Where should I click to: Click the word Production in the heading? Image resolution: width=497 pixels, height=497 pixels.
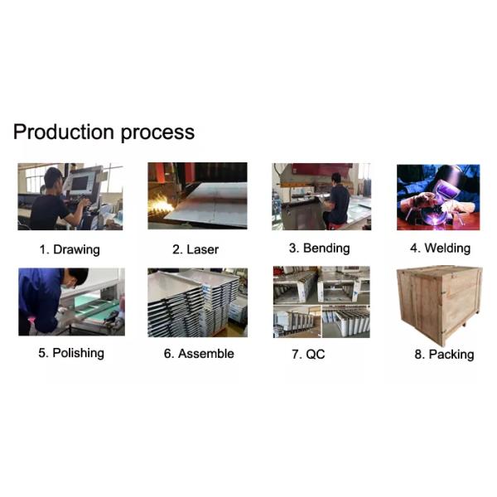point(64,132)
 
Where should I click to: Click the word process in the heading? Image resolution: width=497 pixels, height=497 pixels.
point(157,133)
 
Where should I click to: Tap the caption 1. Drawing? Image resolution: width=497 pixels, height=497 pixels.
point(70,250)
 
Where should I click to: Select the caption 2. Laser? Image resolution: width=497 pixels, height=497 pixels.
point(195,249)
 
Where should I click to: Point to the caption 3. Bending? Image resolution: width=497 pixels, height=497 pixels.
point(320,248)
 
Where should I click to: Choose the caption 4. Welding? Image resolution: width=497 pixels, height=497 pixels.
point(441,248)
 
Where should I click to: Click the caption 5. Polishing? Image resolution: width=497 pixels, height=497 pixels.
point(71,353)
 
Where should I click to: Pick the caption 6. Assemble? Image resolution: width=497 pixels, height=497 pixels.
point(199,354)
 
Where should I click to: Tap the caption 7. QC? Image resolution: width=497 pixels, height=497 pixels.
point(308,354)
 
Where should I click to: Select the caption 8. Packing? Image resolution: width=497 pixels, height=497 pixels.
point(444,355)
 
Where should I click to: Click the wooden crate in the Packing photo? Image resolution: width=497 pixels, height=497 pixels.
point(440,305)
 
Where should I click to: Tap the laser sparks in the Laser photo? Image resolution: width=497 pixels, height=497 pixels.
point(161,205)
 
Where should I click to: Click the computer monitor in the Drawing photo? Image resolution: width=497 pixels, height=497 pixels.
point(80,183)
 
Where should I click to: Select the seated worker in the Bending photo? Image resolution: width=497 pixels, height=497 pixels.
point(336,200)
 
